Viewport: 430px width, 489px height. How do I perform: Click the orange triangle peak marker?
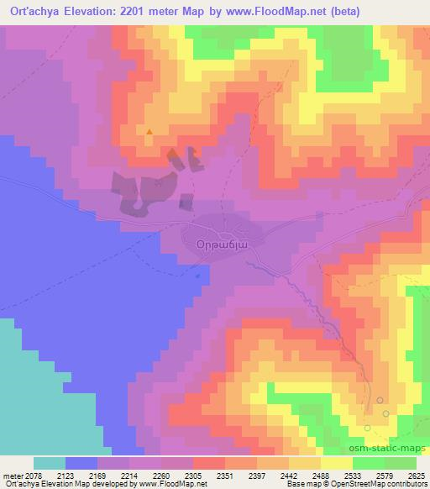click(149, 131)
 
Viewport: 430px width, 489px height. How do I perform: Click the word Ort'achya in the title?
click(34, 11)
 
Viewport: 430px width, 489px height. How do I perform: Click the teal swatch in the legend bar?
click(50, 463)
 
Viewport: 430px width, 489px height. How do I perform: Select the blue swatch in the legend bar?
click(81, 463)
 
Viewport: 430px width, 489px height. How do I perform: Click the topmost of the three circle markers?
click(380, 400)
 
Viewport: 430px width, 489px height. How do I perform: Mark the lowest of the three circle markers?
click(368, 429)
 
